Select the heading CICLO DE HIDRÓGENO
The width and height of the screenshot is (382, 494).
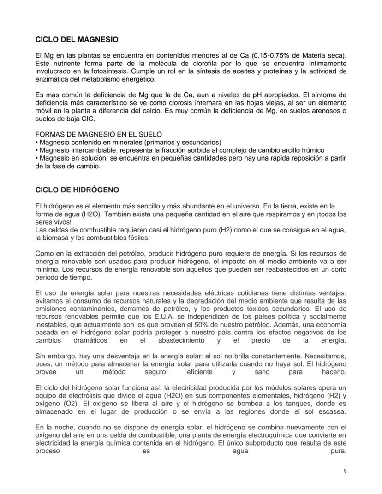coord(77,190)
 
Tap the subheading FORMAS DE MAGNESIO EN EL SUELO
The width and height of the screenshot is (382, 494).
coord(98,134)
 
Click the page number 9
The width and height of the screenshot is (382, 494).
coord(345,471)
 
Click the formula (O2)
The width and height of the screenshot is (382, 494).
coord(60,404)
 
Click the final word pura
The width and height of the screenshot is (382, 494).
coord(338,451)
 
